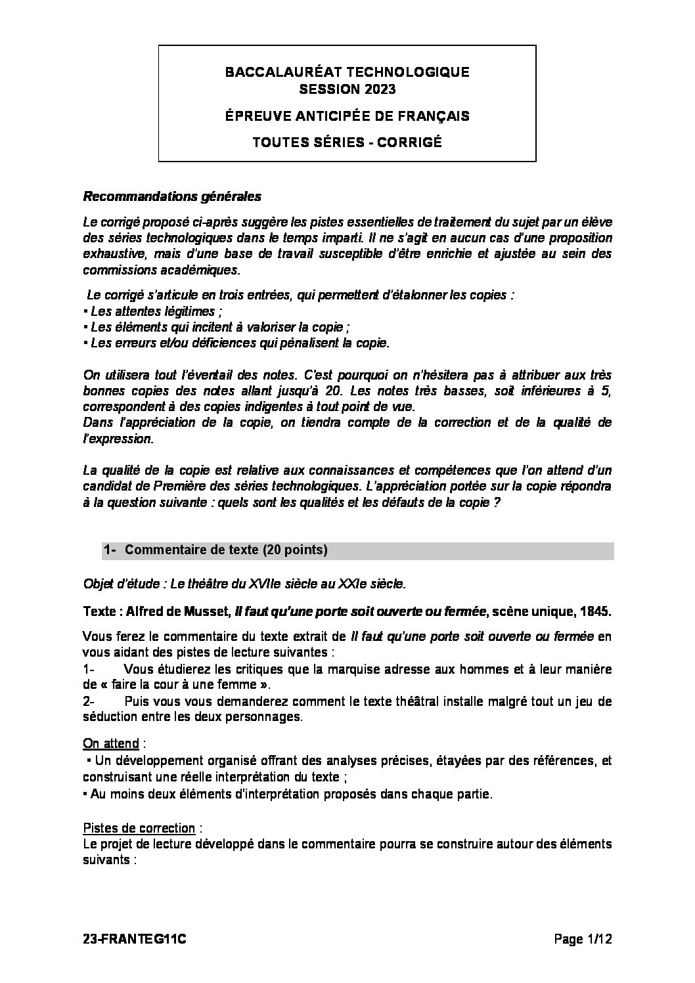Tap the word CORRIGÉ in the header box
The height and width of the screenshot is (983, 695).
[410, 141]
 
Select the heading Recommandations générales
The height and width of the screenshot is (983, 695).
[172, 196]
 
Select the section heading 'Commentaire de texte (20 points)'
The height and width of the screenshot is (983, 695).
[225, 550]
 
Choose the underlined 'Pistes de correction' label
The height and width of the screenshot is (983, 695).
[139, 828]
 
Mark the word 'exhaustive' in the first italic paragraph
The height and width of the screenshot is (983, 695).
[110, 253]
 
